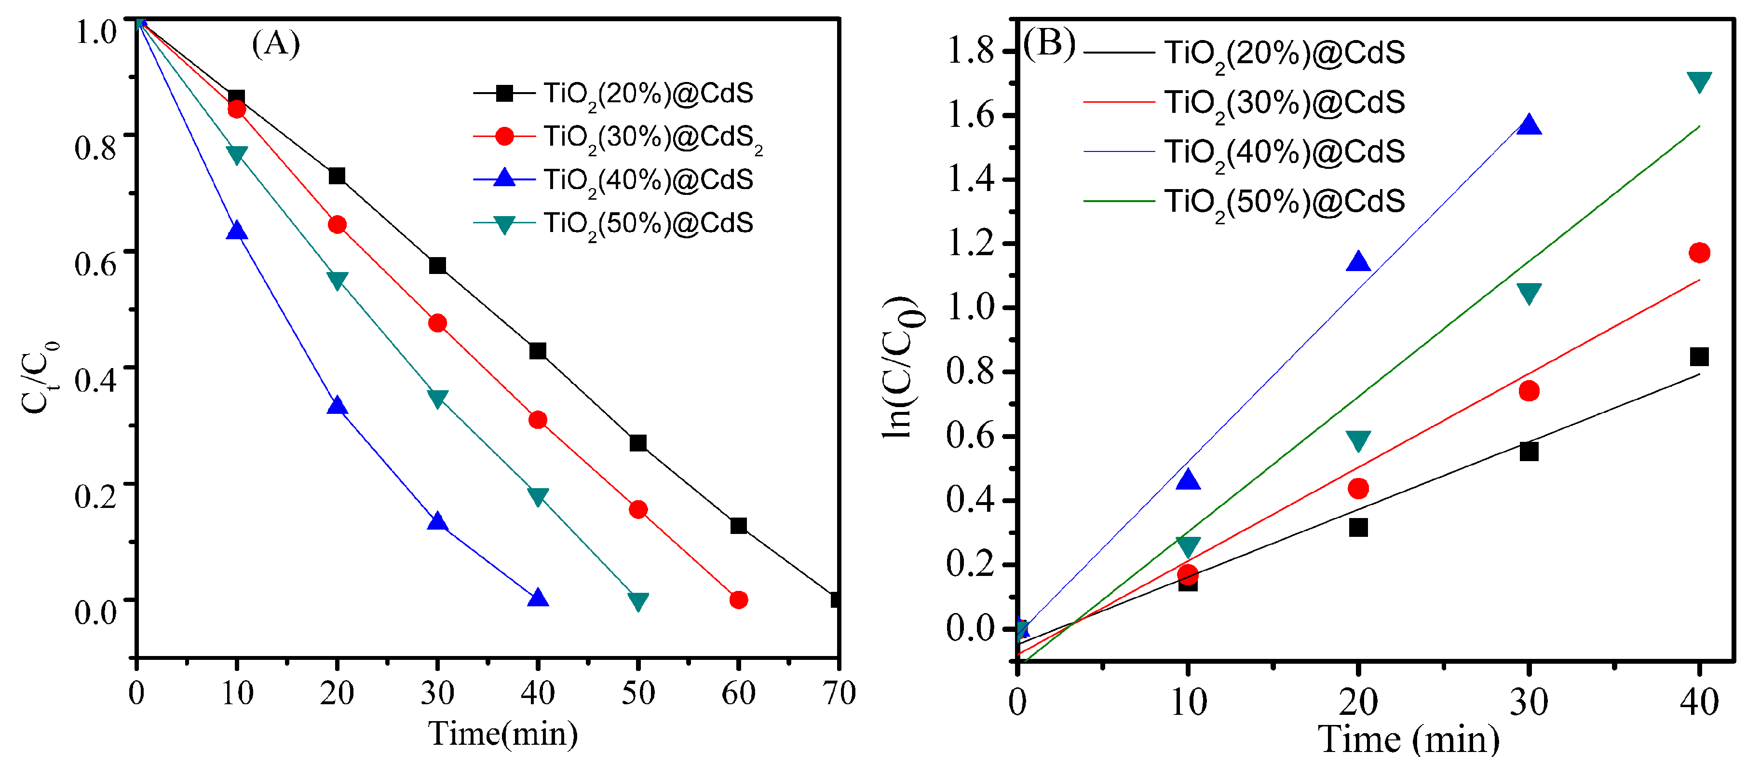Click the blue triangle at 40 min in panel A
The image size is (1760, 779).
(538, 599)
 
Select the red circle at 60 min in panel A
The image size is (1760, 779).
(738, 600)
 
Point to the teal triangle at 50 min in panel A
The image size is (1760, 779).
(637, 601)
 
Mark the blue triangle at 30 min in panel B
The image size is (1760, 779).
(1529, 125)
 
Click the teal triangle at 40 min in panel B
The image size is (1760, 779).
(1698, 82)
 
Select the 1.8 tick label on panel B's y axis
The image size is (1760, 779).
(970, 51)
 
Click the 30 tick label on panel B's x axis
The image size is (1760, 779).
(1529, 701)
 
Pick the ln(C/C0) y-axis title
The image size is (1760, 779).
(903, 367)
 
